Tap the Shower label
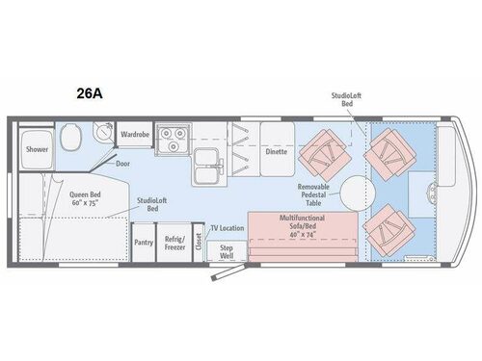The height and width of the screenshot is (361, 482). (x=37, y=149)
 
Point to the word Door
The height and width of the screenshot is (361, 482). (x=123, y=163)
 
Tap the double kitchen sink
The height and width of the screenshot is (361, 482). (x=207, y=165)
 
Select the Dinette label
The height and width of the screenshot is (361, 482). (x=277, y=151)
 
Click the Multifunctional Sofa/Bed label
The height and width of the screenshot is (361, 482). (x=301, y=225)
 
